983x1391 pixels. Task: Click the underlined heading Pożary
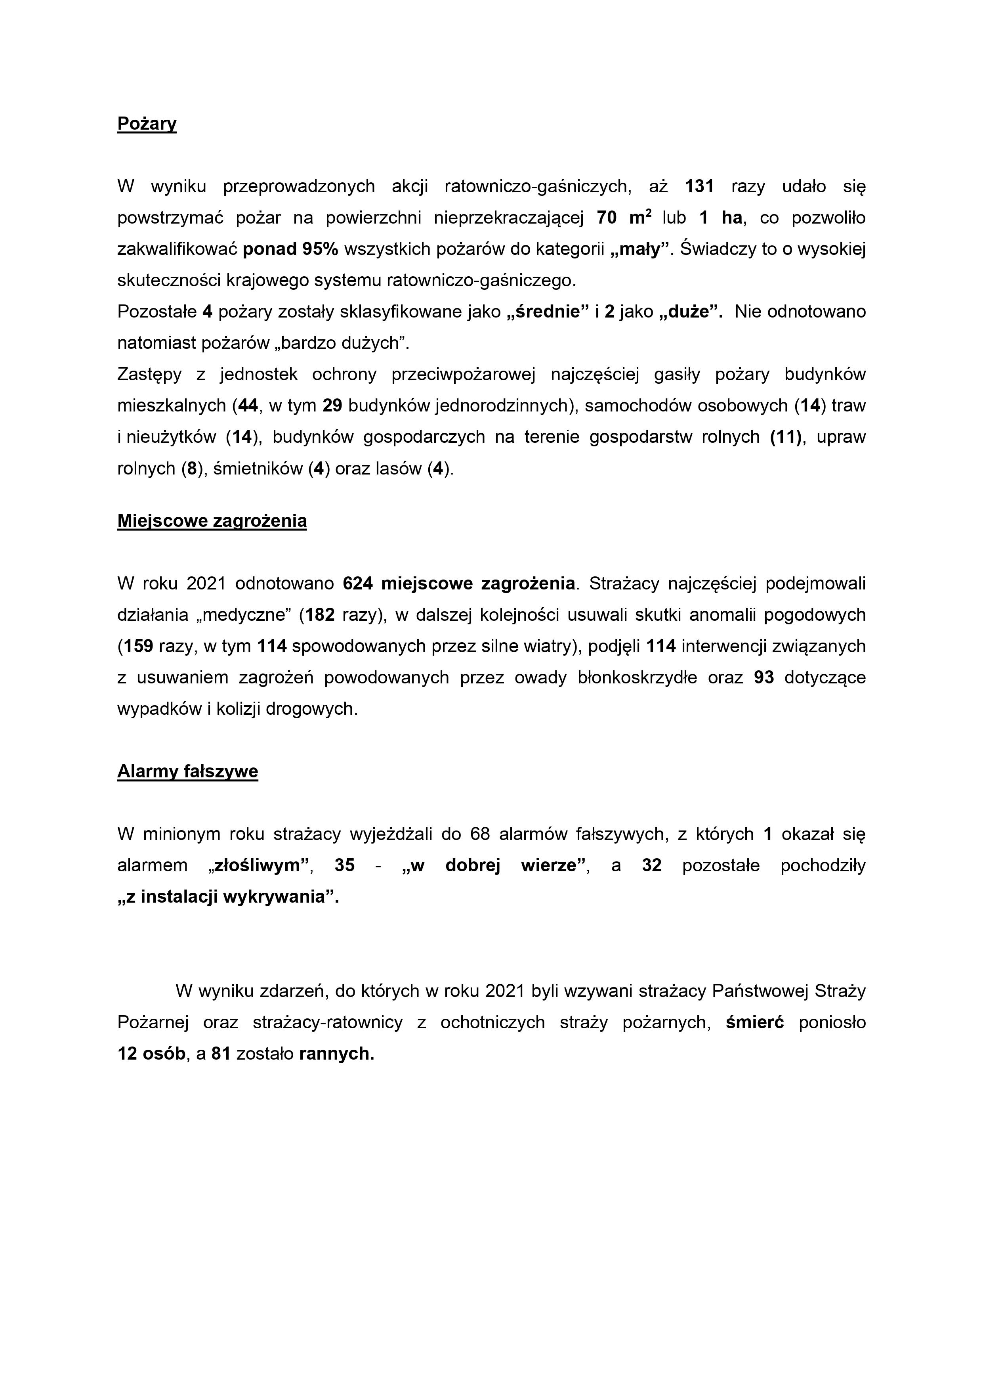pyautogui.click(x=147, y=124)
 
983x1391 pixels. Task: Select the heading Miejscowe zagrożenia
pyautogui.click(x=212, y=521)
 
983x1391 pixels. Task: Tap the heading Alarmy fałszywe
pyautogui.click(x=188, y=771)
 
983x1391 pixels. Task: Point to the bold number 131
pyautogui.click(x=700, y=187)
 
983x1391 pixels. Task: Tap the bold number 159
pyautogui.click(x=138, y=647)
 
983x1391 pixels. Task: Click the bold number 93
pyautogui.click(x=764, y=678)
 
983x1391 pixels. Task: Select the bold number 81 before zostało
pyautogui.click(x=221, y=1054)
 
